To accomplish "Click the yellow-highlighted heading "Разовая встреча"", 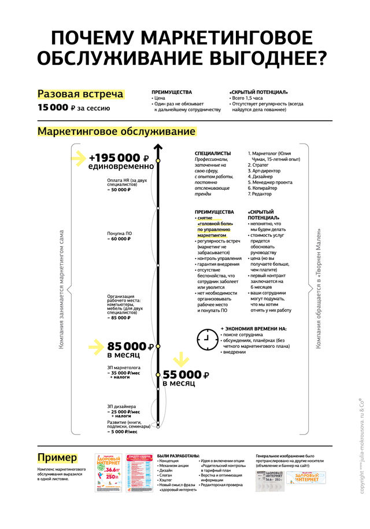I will click(80, 94).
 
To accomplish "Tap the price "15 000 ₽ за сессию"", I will click(73, 108).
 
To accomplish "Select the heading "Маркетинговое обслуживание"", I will click(117, 131).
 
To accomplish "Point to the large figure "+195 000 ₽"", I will click(119, 158).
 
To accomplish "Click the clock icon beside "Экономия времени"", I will click(206, 339).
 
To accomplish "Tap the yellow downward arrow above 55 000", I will click(182, 359).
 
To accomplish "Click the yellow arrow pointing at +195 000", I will click(77, 158).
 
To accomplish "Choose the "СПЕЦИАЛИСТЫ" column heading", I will click(213, 153).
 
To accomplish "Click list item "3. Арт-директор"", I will click(265, 172).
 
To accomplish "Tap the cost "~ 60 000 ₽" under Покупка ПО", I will click(119, 238).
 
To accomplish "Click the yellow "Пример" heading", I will click(57, 457).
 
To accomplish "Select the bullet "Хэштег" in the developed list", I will click(166, 480).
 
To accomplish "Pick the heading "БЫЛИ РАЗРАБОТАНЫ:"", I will click(178, 455).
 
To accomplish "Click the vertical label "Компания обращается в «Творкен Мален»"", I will click(317, 289).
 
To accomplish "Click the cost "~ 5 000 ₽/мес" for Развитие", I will click(123, 432).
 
